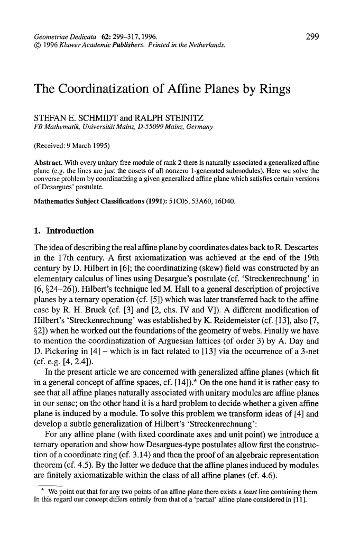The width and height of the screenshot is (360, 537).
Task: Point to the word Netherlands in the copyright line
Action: (208, 45)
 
